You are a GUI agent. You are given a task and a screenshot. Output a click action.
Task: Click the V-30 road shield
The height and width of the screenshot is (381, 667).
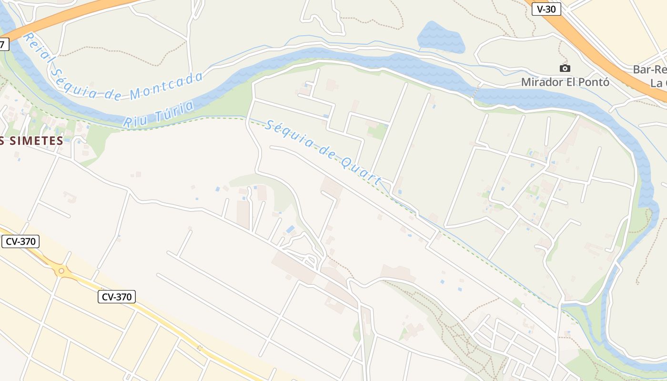[x=546, y=9]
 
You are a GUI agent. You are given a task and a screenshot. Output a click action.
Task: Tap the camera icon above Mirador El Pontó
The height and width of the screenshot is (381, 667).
[x=565, y=69]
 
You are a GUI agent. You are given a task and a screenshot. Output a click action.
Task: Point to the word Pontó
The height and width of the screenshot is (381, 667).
[x=593, y=82]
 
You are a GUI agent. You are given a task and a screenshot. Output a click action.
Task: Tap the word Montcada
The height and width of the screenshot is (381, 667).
[x=167, y=85]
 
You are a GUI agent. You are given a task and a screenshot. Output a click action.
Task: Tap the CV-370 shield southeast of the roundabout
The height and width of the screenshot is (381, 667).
[x=117, y=297]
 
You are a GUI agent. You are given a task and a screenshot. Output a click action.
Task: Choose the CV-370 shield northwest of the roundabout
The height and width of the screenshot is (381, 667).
[x=20, y=241]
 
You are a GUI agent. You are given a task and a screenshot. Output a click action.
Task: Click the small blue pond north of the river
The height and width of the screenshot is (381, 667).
[x=440, y=37]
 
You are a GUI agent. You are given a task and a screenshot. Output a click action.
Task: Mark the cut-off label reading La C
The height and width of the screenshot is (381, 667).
[x=658, y=83]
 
